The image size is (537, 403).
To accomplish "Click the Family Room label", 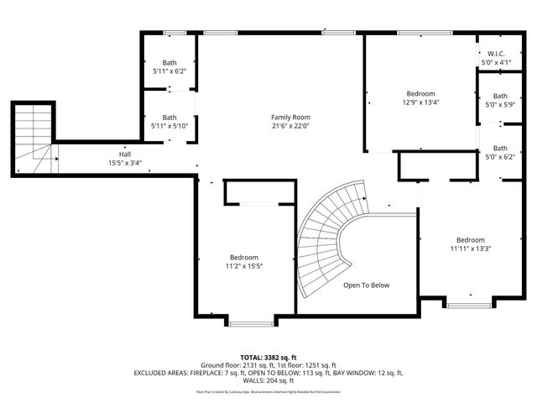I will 290,117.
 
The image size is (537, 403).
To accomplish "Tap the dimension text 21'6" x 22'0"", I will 290,126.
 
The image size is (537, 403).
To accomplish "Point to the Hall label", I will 124,154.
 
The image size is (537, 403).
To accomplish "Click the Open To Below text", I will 367,285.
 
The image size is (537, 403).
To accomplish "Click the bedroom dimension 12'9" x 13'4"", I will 420,102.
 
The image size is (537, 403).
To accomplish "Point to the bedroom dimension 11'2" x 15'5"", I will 244,266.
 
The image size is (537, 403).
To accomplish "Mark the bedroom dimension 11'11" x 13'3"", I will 470,249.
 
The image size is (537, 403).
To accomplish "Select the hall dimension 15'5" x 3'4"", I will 124,163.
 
